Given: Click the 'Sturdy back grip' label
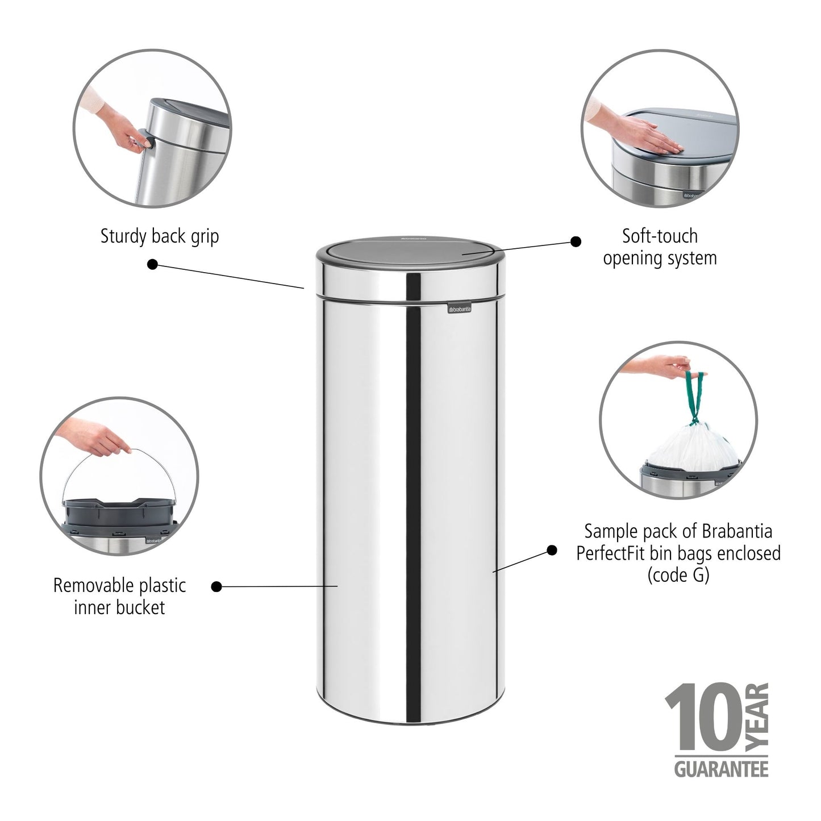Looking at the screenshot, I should tap(159, 236).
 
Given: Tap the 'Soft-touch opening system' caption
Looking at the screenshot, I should tap(660, 247).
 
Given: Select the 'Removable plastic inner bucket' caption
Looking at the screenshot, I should tap(119, 597).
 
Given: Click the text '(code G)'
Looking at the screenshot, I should tap(678, 575).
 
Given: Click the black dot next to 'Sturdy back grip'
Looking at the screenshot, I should tap(152, 264).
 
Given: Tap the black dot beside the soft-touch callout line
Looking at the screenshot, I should tap(576, 241).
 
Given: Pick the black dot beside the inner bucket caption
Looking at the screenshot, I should tap(216, 586).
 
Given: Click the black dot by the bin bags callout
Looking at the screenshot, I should tap(551, 550).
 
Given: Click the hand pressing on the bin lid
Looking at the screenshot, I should tap(648, 137).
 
